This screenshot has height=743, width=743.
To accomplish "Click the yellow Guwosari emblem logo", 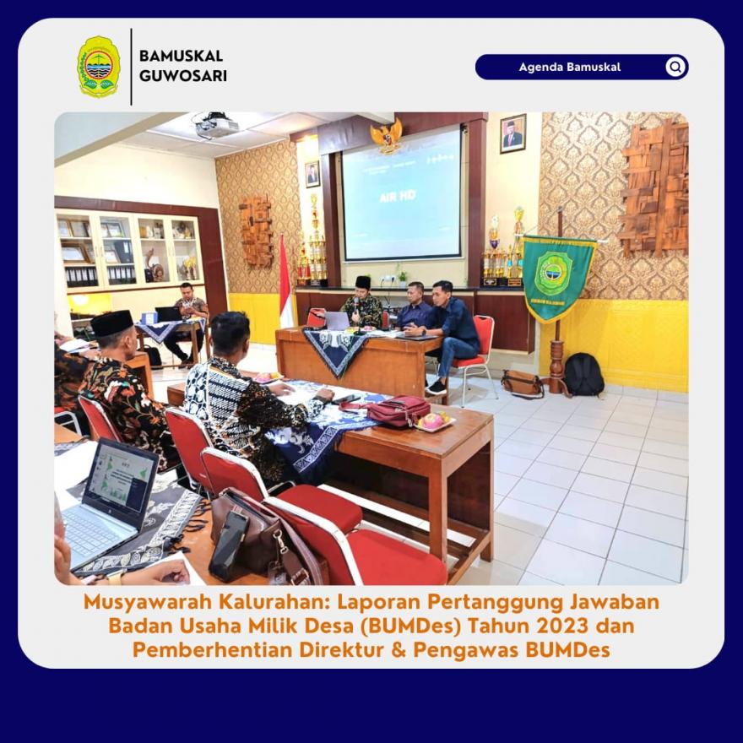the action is click(99, 67).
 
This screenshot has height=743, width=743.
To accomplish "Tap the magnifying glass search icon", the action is click(675, 67).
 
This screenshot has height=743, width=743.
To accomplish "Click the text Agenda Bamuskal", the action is click(570, 67).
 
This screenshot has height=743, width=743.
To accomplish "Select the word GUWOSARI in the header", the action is click(183, 76).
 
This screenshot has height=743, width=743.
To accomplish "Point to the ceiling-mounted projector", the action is click(216, 125).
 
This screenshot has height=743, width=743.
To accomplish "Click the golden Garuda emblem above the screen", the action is click(387, 136).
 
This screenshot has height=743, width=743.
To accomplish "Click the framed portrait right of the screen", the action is click(513, 133).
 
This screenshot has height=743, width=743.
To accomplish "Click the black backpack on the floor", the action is click(583, 374).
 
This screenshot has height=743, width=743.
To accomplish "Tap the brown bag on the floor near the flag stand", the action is click(523, 382).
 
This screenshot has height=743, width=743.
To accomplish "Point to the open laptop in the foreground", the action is click(110, 502).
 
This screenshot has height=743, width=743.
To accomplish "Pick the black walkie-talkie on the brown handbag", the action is click(228, 545).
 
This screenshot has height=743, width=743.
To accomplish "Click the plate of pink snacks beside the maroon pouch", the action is click(435, 421).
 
